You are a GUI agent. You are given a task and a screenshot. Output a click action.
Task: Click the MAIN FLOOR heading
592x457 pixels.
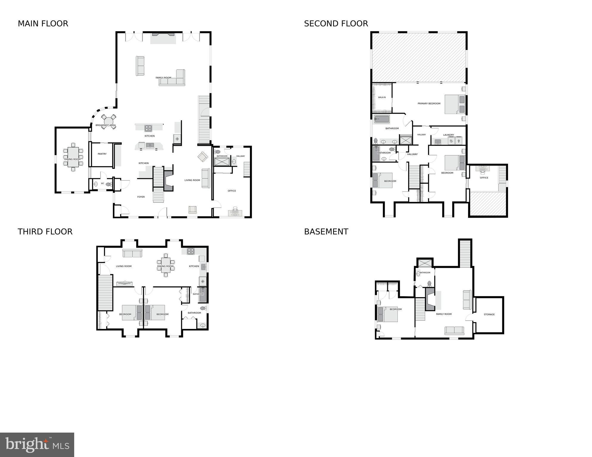43,24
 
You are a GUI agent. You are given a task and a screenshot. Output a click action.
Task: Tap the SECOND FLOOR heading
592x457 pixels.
336,24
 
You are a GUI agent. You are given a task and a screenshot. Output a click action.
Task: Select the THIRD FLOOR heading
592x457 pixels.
45,232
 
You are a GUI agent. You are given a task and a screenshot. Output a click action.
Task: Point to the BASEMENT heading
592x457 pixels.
326,232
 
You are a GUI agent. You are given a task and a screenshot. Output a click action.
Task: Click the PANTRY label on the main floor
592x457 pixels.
102,154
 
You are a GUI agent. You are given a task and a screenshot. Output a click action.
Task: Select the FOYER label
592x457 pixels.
141,197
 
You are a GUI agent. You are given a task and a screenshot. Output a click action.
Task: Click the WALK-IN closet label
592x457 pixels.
382,97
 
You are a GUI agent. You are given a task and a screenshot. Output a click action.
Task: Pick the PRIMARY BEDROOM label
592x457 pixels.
429,104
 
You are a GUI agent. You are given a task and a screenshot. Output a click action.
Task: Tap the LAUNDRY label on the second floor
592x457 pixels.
448,135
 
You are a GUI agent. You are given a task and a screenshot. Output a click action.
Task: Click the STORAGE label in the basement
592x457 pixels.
489,314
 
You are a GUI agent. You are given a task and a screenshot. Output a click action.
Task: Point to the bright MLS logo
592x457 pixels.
37,444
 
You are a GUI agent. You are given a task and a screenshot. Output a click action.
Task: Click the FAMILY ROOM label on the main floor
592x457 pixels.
163,78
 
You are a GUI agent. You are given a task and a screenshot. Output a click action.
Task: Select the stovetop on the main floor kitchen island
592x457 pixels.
148,128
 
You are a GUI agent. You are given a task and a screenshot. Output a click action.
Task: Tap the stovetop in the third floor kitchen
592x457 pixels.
190,251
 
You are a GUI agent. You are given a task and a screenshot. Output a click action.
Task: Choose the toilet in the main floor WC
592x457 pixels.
108,184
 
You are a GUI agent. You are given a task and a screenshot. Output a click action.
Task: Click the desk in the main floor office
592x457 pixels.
235,212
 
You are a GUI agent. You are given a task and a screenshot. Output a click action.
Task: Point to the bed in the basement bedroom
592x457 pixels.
388,315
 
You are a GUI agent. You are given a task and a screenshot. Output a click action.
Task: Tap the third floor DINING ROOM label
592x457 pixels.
165,266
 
